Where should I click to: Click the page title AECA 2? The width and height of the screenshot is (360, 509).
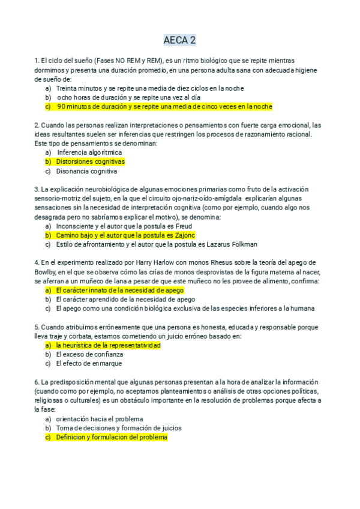[x=179, y=41]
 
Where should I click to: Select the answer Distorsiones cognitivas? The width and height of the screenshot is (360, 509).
[x=90, y=161]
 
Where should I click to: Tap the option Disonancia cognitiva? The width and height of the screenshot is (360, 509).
[x=86, y=171]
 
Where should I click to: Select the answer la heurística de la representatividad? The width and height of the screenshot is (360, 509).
[x=108, y=345]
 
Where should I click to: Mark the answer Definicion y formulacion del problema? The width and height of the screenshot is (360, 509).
[x=111, y=438]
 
